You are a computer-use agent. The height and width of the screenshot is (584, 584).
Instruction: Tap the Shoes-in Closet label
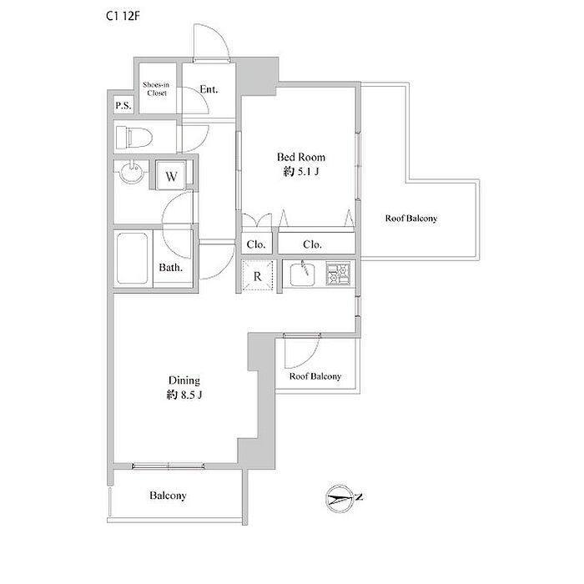tap(156, 88)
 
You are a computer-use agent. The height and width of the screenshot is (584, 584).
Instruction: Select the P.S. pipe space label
tap(123, 105)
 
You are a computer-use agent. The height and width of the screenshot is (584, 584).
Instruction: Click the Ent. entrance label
tap(209, 88)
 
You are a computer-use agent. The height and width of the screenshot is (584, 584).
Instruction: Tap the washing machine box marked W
tap(172, 176)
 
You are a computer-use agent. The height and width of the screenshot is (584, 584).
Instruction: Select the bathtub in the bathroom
tap(133, 259)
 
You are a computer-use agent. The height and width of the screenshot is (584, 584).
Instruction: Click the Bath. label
tap(171, 269)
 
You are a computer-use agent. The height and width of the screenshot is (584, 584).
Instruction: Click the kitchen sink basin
tap(302, 274)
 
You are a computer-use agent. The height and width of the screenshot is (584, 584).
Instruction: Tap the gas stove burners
tap(340, 274)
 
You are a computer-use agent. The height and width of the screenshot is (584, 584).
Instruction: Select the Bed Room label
tap(301, 156)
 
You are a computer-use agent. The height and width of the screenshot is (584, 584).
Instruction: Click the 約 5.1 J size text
tap(301, 173)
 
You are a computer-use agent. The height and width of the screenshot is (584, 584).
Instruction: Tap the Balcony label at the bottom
tap(168, 496)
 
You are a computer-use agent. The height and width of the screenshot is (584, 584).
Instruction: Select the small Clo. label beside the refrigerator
tap(255, 244)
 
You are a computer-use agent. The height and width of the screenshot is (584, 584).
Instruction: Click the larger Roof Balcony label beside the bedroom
tap(411, 219)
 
